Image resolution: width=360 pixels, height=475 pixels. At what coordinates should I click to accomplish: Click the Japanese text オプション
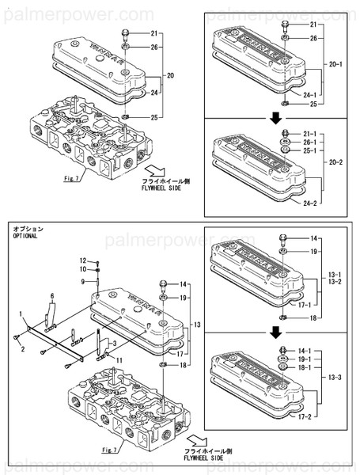click(28, 228)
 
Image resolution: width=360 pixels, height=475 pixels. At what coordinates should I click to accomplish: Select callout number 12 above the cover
click(81, 260)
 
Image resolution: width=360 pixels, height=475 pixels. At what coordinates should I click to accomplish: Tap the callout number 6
click(53, 295)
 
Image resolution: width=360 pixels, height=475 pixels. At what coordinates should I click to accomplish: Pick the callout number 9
click(81, 281)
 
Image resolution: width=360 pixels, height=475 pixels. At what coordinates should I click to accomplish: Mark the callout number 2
click(23, 348)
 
